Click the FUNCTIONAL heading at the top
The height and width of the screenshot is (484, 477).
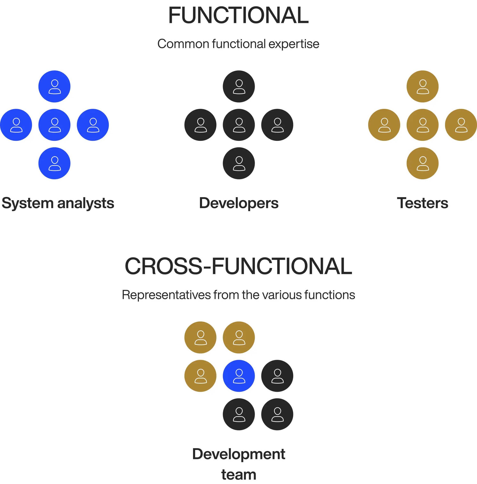tap(238, 15)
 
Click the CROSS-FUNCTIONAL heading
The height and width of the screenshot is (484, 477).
tap(238, 266)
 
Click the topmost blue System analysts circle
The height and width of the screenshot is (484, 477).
tap(54, 86)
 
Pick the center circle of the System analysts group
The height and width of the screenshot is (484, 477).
tap(54, 125)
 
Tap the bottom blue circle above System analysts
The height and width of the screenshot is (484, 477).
tap(54, 163)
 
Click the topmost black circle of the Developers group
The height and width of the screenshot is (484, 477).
tap(239, 86)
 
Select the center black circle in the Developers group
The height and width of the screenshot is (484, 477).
tap(239, 125)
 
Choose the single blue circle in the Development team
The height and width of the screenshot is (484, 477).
tap(239, 376)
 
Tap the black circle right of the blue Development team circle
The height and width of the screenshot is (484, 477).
tap(277, 376)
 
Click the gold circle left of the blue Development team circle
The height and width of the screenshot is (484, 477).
tap(200, 376)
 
